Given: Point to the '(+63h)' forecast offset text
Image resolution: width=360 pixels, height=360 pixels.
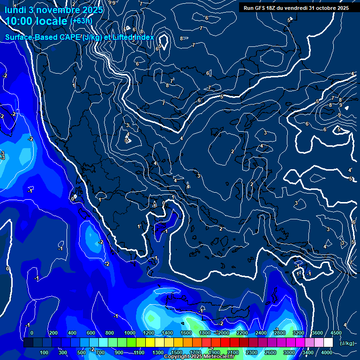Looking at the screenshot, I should tap(81, 21).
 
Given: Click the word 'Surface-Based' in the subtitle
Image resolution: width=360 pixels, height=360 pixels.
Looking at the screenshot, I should tap(30, 37).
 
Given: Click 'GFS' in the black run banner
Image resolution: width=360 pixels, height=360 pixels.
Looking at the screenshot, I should tap(263, 7).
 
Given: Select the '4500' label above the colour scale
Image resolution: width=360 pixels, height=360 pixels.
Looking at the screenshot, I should tap(336, 333).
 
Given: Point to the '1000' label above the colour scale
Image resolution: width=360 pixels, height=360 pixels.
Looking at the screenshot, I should tap(130, 333).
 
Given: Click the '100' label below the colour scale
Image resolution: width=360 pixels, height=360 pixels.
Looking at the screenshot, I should tap(44, 352).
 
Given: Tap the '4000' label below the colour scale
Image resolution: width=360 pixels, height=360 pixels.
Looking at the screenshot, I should tap(327, 352).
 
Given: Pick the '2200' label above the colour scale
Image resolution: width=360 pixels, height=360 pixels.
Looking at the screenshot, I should tap(242, 333).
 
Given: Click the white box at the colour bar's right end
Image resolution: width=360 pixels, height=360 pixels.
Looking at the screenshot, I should tap(328, 343).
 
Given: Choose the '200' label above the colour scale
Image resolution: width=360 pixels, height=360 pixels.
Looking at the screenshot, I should tap(53, 333).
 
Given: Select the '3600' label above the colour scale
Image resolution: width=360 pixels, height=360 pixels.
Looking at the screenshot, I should tap(317, 333).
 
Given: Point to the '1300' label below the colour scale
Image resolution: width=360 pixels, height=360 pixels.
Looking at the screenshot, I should tap(158, 352).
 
